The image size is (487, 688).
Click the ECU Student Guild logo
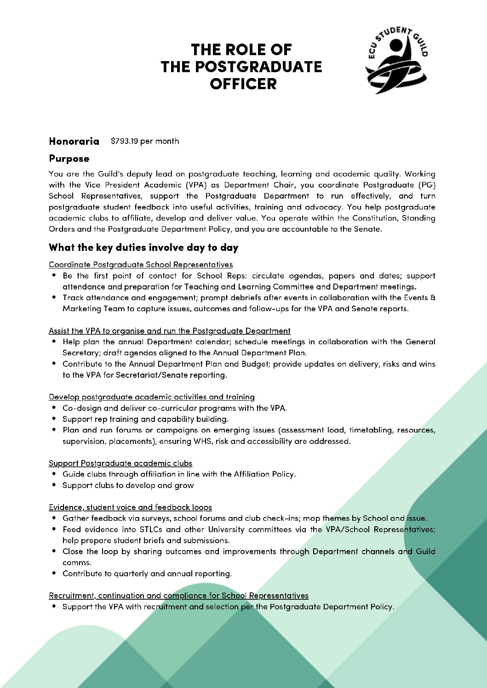pos(396,60)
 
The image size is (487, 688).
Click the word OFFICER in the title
pos(243,84)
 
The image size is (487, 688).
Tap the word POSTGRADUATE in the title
pos(241,67)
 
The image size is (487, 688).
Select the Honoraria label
pos(74,141)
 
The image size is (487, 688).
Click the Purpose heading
pos(69,159)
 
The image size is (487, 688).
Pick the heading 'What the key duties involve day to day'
pos(143,248)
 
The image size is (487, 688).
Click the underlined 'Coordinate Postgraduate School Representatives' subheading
pos(141,265)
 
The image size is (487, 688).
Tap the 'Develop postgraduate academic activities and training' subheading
pos(152,397)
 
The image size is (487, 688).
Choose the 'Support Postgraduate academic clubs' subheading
pos(120,463)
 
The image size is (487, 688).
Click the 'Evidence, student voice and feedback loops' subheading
pos(130,507)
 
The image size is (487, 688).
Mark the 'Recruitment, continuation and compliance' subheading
pos(178,596)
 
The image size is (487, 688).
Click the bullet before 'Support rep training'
pos(54,419)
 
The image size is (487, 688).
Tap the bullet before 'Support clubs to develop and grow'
pos(54,485)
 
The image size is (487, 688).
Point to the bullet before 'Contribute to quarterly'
pos(54,573)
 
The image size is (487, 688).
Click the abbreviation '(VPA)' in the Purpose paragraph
pos(196,185)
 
